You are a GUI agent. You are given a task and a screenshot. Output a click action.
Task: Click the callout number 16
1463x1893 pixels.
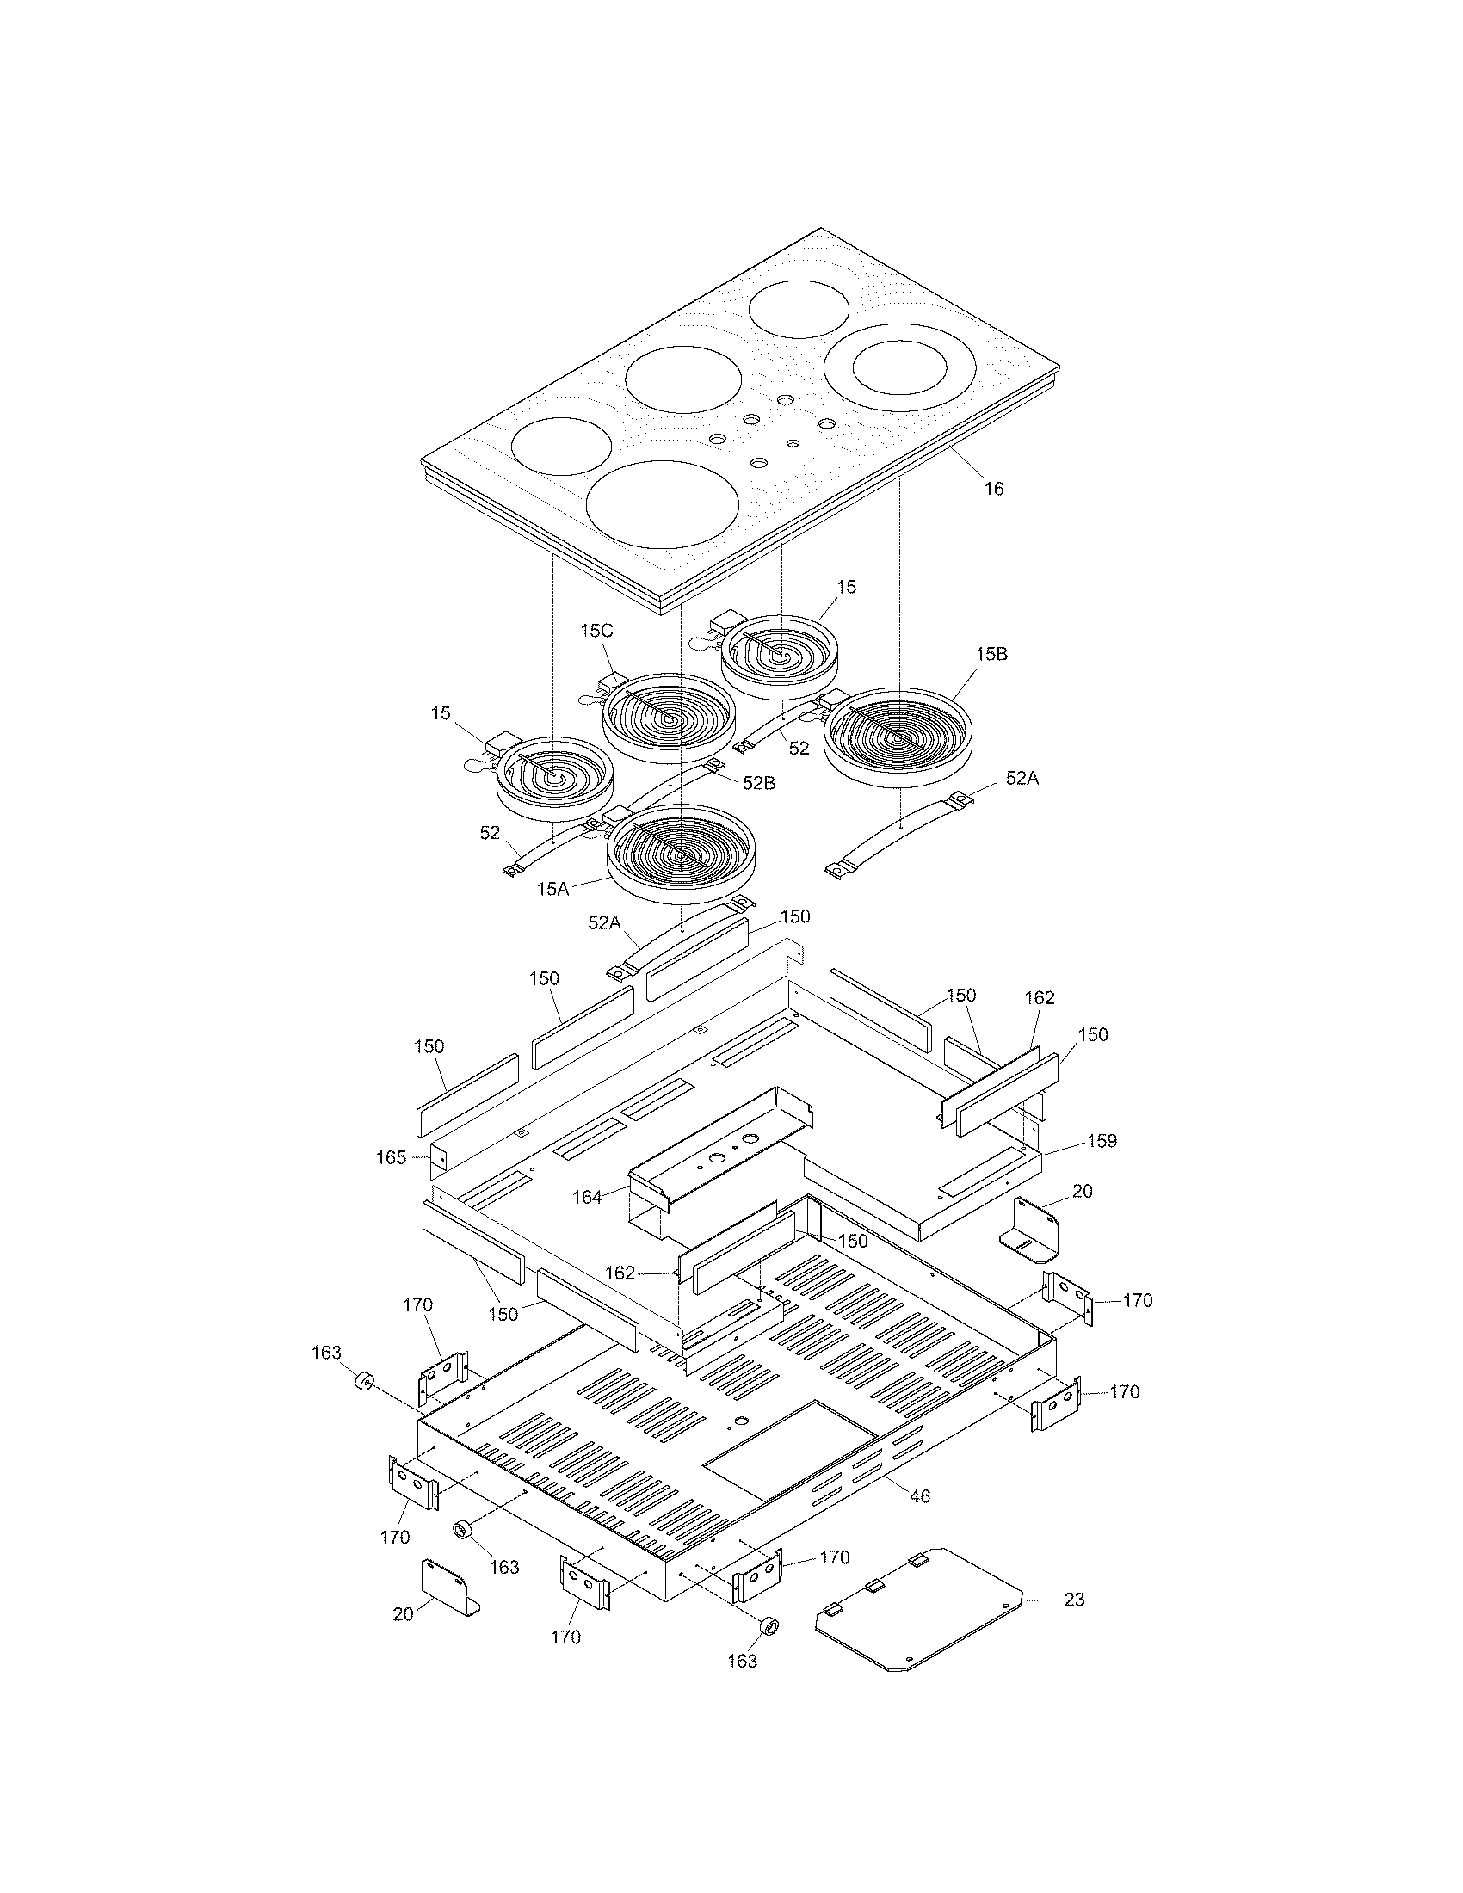pos(994,489)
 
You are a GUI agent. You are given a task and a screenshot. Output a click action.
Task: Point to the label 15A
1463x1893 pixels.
pos(552,889)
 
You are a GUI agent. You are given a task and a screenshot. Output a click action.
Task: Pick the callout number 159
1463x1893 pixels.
pos(1102,1141)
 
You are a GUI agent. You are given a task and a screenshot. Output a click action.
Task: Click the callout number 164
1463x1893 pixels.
pos(587,1197)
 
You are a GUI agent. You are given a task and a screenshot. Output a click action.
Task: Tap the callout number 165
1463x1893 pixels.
pos(391,1157)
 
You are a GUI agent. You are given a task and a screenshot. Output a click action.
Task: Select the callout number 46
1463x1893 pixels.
pos(920,1496)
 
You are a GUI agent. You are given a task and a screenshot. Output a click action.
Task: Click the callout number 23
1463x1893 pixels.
pos(1074,1600)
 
